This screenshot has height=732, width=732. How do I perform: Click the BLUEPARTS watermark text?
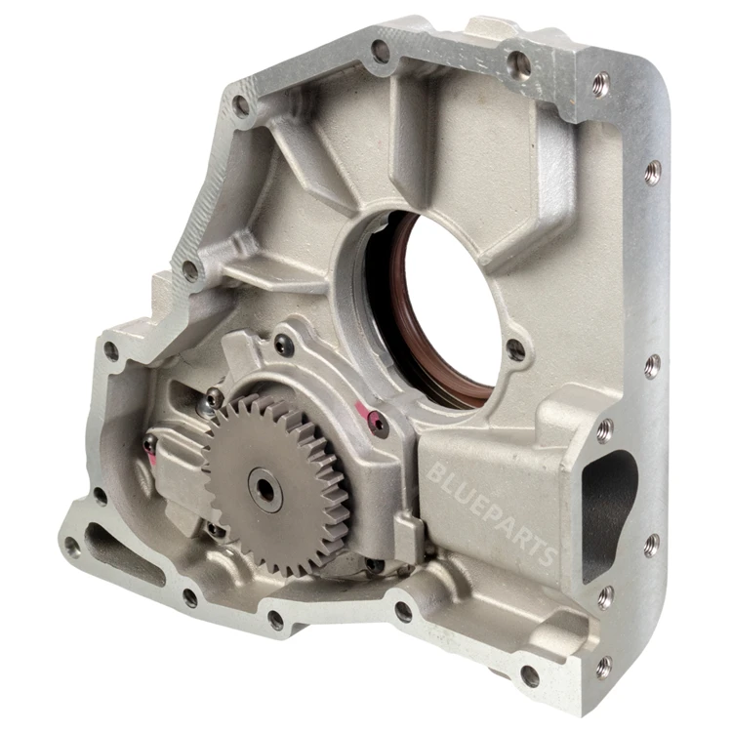(491, 512)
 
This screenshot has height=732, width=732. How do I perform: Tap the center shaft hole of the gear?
(266, 489)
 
